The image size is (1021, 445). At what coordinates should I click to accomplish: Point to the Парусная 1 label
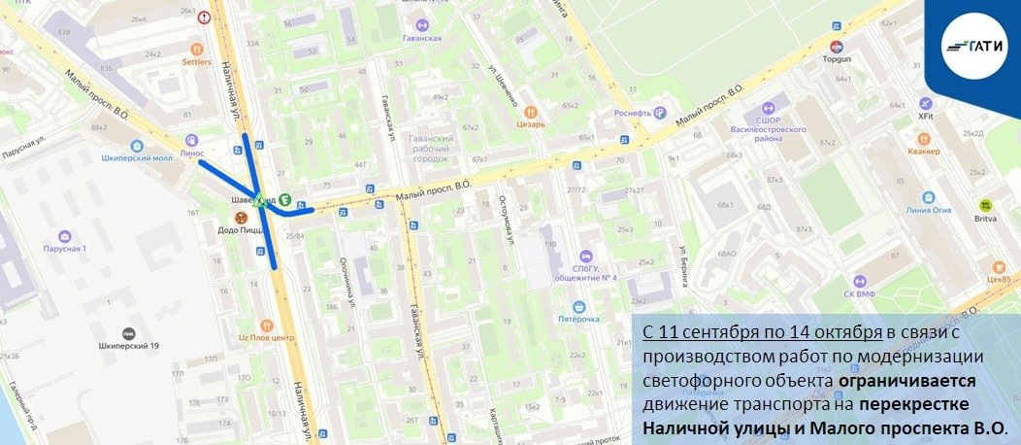(64, 248)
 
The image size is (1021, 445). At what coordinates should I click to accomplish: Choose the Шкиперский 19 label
(128, 344)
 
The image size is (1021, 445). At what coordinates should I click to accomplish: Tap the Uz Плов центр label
(266, 336)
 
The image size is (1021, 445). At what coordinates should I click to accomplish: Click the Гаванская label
(421, 37)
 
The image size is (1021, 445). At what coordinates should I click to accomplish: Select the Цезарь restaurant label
(531, 123)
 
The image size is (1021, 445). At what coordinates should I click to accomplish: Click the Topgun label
(836, 58)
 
